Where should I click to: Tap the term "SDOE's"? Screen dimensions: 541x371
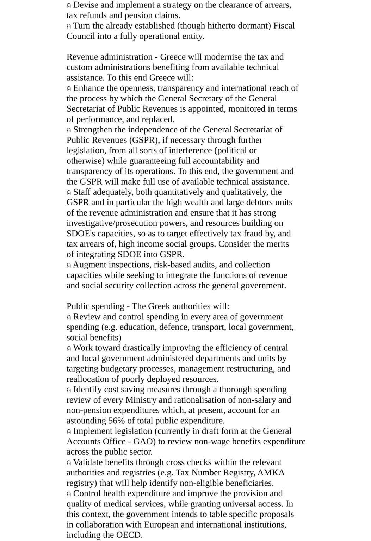point(81,234)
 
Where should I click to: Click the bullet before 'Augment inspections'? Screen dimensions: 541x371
point(69,265)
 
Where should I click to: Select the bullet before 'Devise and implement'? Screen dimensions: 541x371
point(69,6)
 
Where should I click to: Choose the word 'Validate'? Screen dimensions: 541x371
point(88,462)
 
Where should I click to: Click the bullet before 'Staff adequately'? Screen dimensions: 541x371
point(69,193)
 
